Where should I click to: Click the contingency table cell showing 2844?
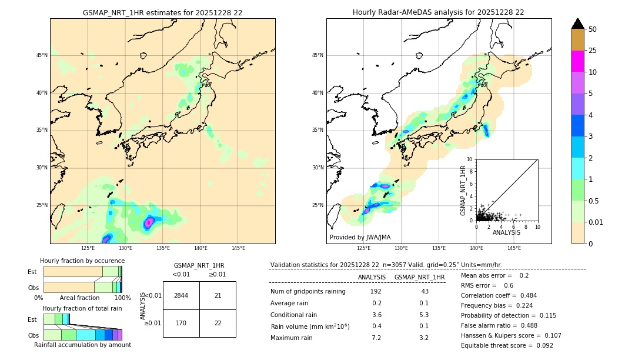tap(181, 295)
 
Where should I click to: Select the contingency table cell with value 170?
tap(181, 323)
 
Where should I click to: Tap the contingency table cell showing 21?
tap(218, 295)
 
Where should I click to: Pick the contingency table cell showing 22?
tap(218, 323)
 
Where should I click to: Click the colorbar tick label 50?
tap(593, 29)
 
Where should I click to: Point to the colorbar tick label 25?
tap(593, 51)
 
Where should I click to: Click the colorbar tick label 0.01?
tap(596, 222)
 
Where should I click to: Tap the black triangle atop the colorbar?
tap(578, 24)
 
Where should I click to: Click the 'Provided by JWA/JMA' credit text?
tap(360, 237)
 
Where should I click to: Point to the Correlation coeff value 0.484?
tap(524, 295)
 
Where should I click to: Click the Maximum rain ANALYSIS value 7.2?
tap(376, 338)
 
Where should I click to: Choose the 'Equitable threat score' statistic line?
tap(507, 345)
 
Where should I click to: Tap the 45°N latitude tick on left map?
tap(42, 55)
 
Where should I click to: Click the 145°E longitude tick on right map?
tap(514, 248)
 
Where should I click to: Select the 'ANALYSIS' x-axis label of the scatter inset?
tap(506, 233)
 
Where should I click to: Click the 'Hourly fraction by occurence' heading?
tap(82, 261)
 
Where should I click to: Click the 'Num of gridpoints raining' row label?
tap(308, 291)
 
